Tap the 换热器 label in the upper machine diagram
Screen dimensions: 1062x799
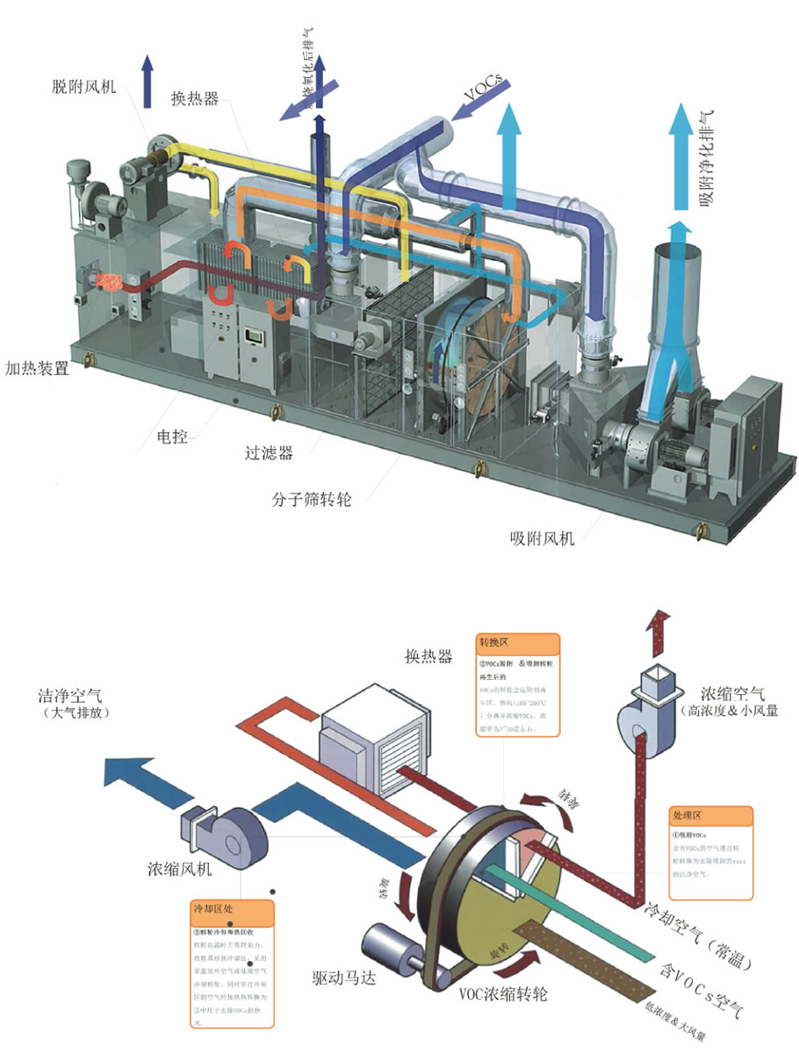[x=194, y=98]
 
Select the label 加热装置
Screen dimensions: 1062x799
[x=37, y=369]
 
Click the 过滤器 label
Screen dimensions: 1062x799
[x=269, y=454]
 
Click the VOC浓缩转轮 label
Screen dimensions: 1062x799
[x=503, y=994]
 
